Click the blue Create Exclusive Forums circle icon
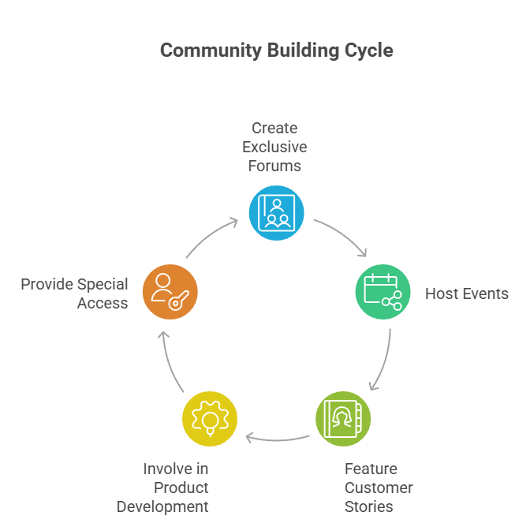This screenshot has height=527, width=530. [x=276, y=212]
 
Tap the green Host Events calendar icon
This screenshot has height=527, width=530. [x=383, y=292]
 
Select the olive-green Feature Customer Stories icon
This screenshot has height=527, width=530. [x=343, y=418]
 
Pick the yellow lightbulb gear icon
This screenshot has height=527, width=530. [x=209, y=418]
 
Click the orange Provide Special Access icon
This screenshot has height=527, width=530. [x=170, y=292]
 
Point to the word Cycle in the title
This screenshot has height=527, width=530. [x=368, y=50]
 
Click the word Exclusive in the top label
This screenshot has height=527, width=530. [x=274, y=147]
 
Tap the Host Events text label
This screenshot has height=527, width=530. [x=467, y=293]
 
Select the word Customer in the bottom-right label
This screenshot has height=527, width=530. [x=379, y=488]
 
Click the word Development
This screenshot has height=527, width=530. [x=162, y=506]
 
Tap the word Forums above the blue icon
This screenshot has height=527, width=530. [x=274, y=166]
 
